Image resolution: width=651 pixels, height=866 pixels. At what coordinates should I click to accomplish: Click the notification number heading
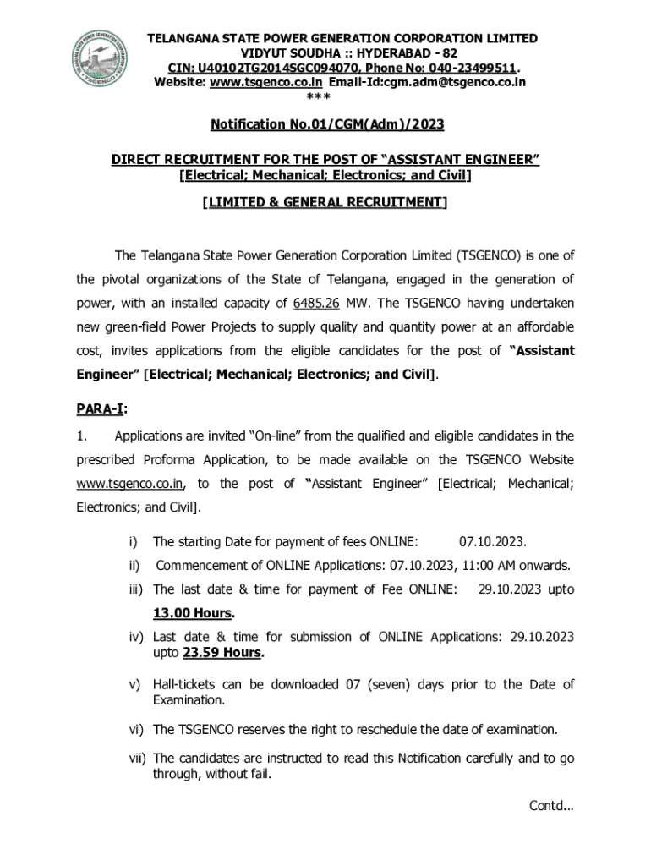click(326, 124)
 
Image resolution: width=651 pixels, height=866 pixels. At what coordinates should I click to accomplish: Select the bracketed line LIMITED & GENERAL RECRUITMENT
click(325, 203)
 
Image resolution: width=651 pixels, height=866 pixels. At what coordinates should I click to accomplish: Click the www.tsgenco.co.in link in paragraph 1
click(130, 484)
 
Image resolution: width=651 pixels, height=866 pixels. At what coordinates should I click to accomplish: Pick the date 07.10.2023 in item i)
click(493, 541)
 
